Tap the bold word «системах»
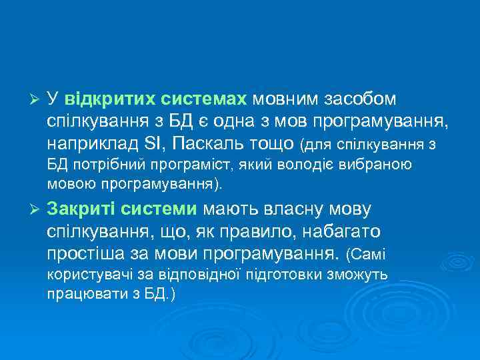tap(203, 99)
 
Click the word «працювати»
tap(80, 293)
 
